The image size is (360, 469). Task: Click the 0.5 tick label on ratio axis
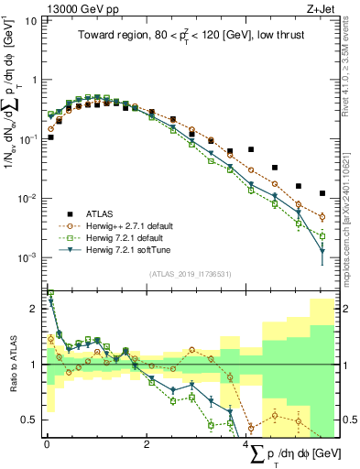[x=27, y=420]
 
